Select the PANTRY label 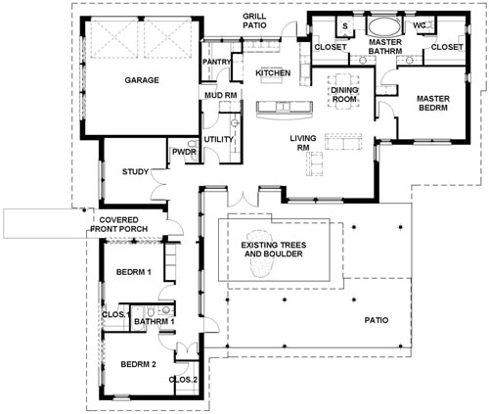point(217,63)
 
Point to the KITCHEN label point(272,73)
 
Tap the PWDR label point(184,153)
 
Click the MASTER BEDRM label point(432,104)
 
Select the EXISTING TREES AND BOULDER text point(273,249)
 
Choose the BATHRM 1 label point(154,321)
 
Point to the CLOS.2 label point(183,379)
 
